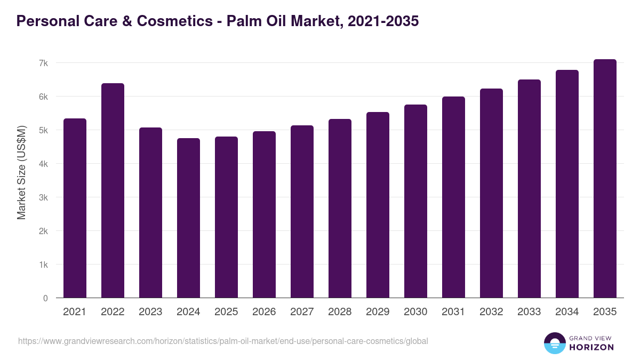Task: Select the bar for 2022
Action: pos(113,190)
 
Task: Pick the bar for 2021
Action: pos(75,208)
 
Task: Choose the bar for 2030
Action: pos(415,201)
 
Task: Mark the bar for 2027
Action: pos(302,211)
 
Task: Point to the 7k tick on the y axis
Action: pos(43,63)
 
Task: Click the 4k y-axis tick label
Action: pos(43,164)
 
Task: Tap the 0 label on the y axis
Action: pos(45,298)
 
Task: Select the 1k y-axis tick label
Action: pos(43,265)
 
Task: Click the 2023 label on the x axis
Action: pos(150,312)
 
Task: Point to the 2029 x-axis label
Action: pos(378,312)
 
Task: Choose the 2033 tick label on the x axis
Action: pos(529,312)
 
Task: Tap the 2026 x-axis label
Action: pos(264,312)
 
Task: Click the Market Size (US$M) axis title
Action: pos(21,172)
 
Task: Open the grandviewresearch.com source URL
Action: pos(223,341)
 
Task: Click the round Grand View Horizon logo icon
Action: pos(555,343)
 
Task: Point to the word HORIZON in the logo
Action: pos(591,347)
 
